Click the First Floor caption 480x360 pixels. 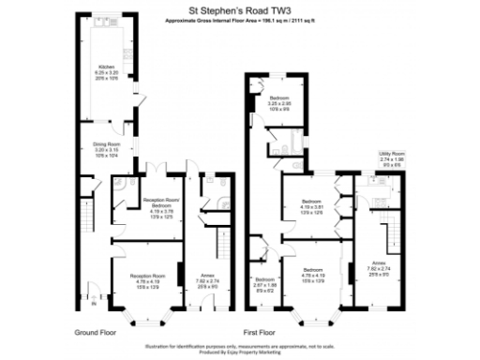click(263, 332)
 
